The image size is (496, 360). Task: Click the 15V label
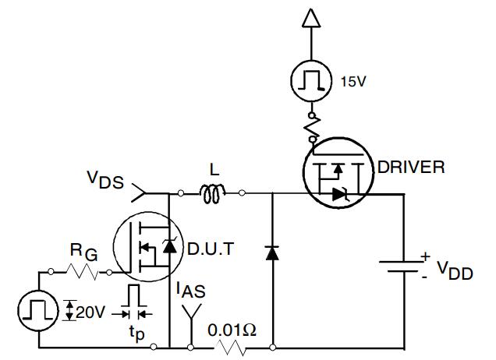click(353, 81)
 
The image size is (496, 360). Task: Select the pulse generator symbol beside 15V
click(310, 81)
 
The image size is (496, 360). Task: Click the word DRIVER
click(410, 167)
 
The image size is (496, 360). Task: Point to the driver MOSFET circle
click(338, 178)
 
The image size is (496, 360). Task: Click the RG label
click(83, 252)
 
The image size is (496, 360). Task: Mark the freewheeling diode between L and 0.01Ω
click(271, 252)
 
